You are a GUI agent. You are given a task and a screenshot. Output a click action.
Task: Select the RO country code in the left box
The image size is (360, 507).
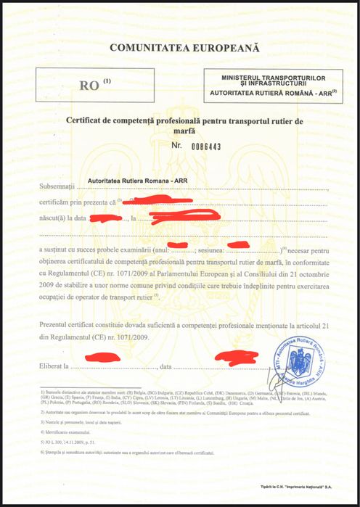pos(90,86)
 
